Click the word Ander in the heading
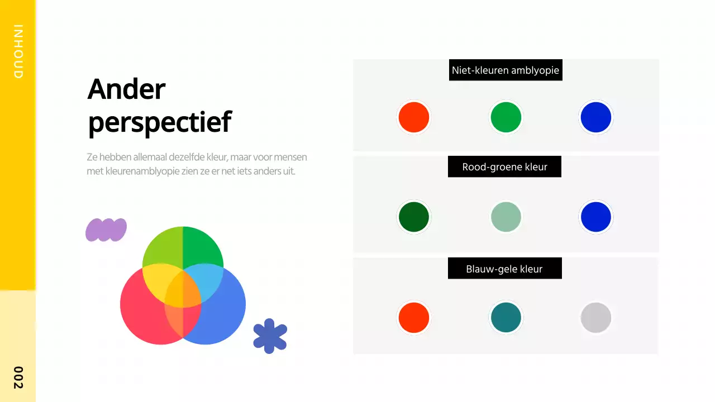(126, 89)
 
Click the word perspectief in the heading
(159, 122)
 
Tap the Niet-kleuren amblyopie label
(506, 70)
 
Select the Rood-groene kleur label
(504, 166)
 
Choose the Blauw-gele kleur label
(504, 269)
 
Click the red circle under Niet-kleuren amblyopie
(414, 117)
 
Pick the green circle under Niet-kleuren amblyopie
(506, 117)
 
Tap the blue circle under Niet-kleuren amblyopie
(596, 117)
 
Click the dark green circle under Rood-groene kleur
(414, 217)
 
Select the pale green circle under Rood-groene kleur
(506, 217)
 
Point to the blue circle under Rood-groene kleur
(596, 217)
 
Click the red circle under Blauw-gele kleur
(414, 318)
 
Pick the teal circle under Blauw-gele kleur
(506, 318)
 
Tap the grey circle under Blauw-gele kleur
(596, 318)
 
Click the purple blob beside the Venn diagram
(106, 229)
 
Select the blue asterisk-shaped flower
(270, 336)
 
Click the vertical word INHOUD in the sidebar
(18, 51)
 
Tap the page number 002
(18, 377)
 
